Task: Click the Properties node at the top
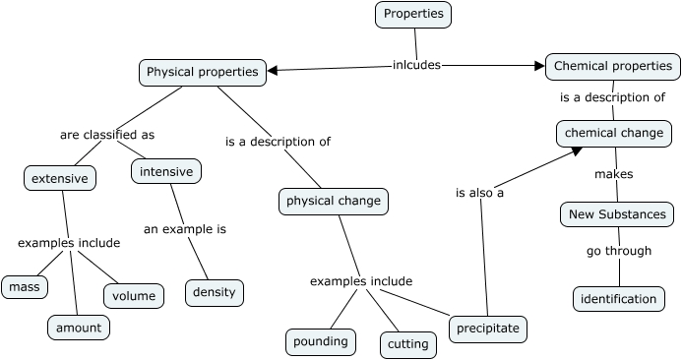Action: [413, 14]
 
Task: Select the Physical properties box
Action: [202, 72]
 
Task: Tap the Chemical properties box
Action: [612, 67]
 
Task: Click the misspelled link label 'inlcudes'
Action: [416, 66]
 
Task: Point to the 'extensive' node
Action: [60, 178]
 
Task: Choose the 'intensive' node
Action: [165, 171]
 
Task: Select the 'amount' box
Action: [79, 327]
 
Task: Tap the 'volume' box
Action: [134, 295]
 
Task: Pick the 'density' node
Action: [214, 293]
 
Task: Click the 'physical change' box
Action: [333, 202]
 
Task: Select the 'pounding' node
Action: [320, 342]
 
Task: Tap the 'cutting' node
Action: [408, 344]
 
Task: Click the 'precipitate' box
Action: [487, 329]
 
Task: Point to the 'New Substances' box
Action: [618, 214]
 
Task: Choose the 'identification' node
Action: [618, 299]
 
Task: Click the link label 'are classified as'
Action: [107, 135]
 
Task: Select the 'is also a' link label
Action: [479, 194]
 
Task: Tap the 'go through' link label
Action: [619, 251]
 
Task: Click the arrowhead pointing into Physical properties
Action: [274, 71]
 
